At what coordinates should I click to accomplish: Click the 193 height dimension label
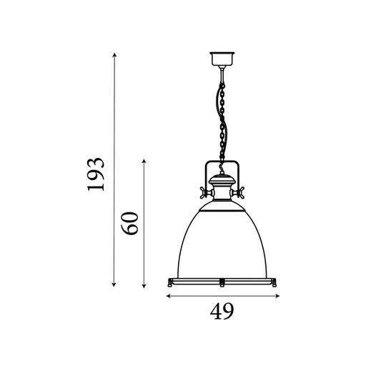[96, 174]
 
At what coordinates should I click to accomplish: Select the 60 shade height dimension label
[129, 223]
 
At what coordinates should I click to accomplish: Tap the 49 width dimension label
[222, 311]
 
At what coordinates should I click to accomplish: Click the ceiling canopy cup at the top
[222, 59]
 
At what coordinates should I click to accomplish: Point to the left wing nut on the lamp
[203, 192]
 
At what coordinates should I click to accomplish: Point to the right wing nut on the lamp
[240, 192]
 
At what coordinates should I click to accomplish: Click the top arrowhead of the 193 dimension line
[114, 55]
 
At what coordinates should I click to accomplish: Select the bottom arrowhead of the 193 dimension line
[114, 284]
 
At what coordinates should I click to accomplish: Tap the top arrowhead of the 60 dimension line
[144, 162]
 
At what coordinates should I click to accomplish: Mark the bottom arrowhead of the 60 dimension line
[144, 285]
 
